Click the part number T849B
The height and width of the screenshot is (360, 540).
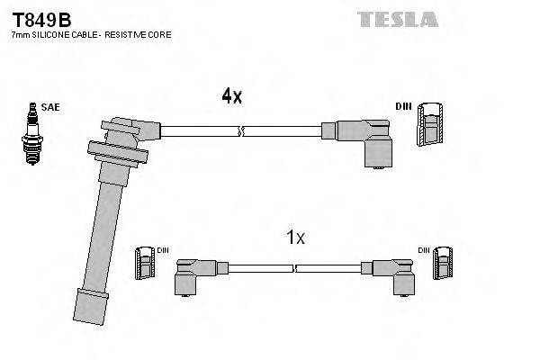40,19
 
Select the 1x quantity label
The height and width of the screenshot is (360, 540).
295,238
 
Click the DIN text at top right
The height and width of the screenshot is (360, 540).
402,106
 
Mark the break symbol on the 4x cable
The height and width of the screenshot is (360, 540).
240,131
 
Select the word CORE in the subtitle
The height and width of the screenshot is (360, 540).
159,34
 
